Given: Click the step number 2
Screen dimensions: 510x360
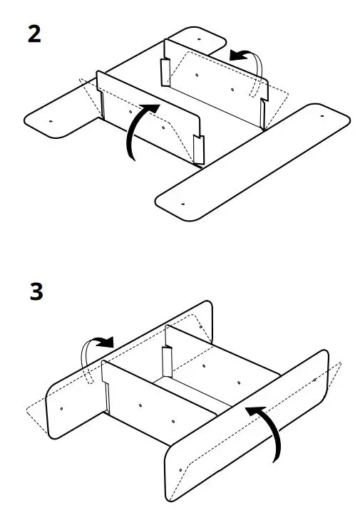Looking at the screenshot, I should [34, 33].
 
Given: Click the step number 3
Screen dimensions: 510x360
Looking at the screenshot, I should [34, 293].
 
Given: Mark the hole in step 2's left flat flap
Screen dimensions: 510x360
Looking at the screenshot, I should [51, 121].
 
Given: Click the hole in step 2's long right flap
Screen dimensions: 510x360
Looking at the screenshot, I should [183, 203].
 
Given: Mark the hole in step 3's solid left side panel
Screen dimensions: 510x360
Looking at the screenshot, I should [62, 409].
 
